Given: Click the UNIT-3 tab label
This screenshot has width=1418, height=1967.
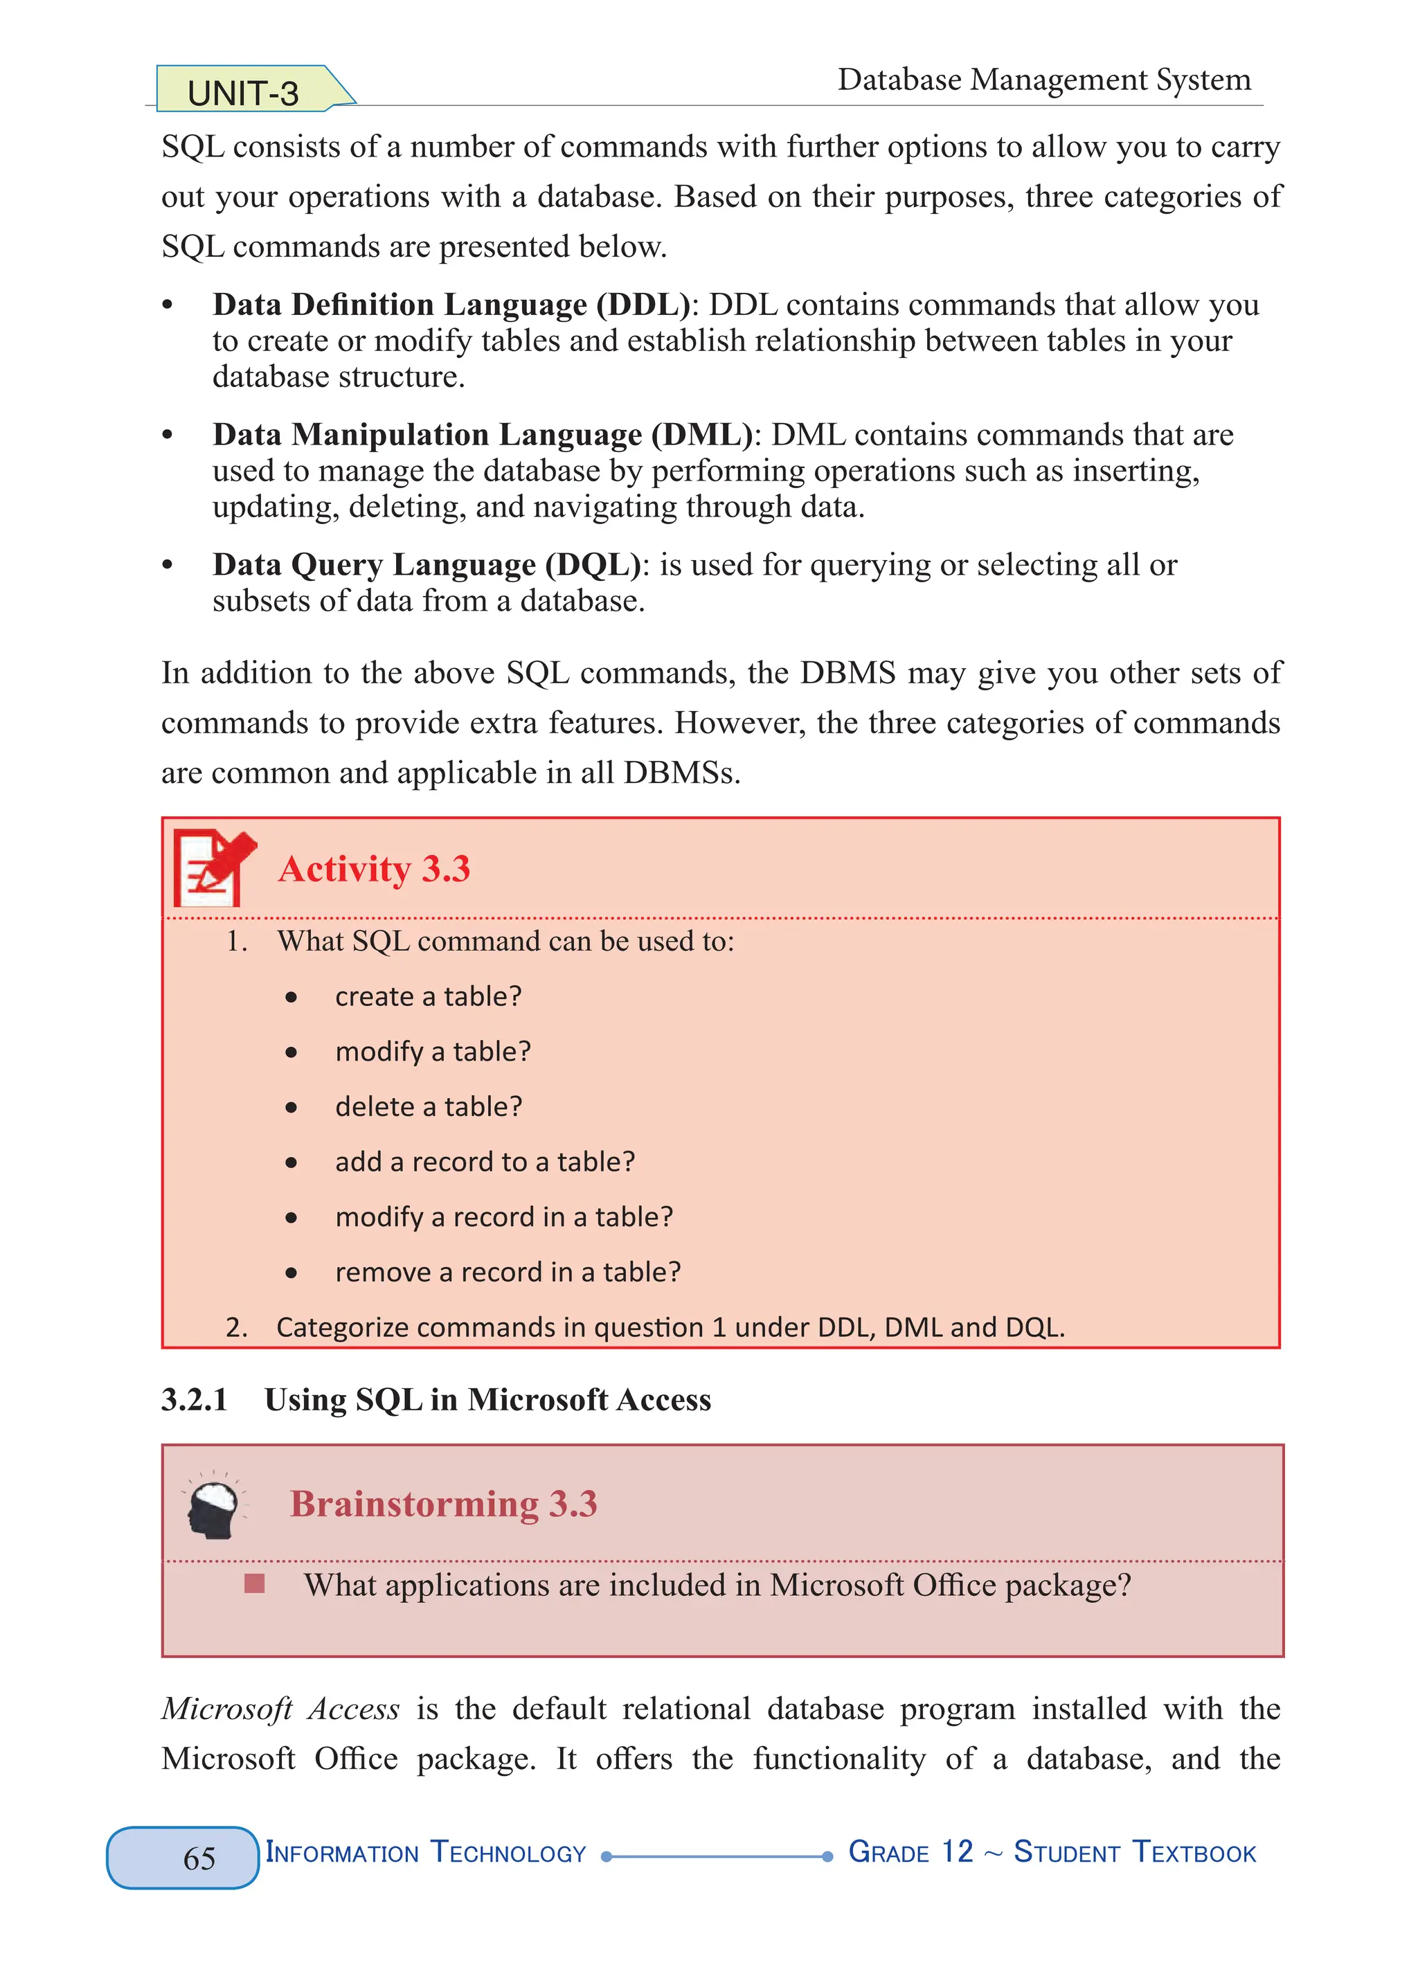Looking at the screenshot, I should click(243, 93).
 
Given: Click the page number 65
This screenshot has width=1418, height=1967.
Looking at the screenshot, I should click(199, 1858).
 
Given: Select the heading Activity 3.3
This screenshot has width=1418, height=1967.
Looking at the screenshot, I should click(374, 869).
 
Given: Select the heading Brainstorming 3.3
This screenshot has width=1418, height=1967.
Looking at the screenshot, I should click(443, 1504).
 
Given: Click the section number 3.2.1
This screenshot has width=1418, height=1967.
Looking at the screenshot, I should click(195, 1400).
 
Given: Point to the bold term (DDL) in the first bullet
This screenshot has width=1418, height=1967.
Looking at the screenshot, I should click(643, 305).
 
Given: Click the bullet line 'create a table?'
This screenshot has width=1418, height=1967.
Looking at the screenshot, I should click(429, 996).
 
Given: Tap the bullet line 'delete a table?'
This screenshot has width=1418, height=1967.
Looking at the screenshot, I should click(429, 1106).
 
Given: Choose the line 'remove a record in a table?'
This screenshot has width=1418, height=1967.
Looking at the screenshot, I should click(508, 1273).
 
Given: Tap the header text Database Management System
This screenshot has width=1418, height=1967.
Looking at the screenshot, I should click(1043, 80).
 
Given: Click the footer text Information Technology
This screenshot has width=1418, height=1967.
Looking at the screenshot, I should click(426, 1853).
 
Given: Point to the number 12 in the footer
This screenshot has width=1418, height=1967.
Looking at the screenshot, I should click(958, 1851).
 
